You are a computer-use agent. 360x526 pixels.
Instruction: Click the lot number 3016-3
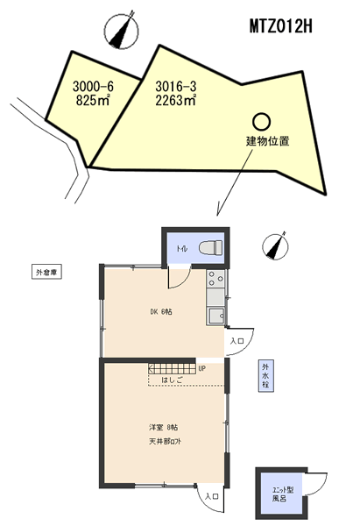coord(174,87)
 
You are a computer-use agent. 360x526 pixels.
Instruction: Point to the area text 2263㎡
coord(174,101)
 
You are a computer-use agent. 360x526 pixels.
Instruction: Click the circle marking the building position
coord(261,121)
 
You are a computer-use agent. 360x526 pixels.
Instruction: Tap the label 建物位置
coord(267,140)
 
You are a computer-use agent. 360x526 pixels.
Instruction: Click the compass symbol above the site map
coord(118,32)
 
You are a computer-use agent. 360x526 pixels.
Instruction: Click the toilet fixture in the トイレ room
coord(210,248)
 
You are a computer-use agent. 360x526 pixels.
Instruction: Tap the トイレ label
coord(182,249)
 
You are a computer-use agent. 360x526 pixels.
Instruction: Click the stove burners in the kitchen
coord(215,281)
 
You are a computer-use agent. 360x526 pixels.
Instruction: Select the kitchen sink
coord(215,314)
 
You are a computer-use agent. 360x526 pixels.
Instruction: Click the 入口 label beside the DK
coord(236,340)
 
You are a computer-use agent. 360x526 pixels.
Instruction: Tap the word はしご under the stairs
coord(173,380)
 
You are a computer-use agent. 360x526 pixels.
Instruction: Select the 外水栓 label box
coord(264,376)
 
